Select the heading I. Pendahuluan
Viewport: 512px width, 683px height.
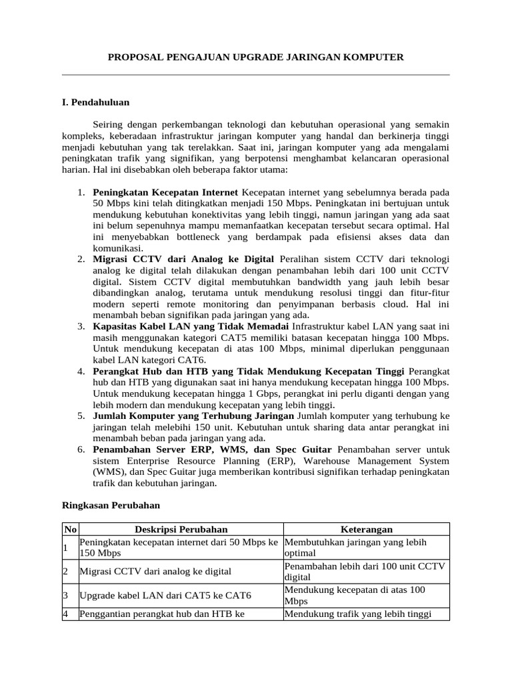(95, 103)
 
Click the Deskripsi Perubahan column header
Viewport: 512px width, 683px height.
(181, 529)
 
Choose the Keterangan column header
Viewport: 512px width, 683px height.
(366, 529)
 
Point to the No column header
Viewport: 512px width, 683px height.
(69, 529)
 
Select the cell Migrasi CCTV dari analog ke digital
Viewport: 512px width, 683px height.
(155, 572)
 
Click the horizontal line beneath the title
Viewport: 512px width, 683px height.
(256, 75)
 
